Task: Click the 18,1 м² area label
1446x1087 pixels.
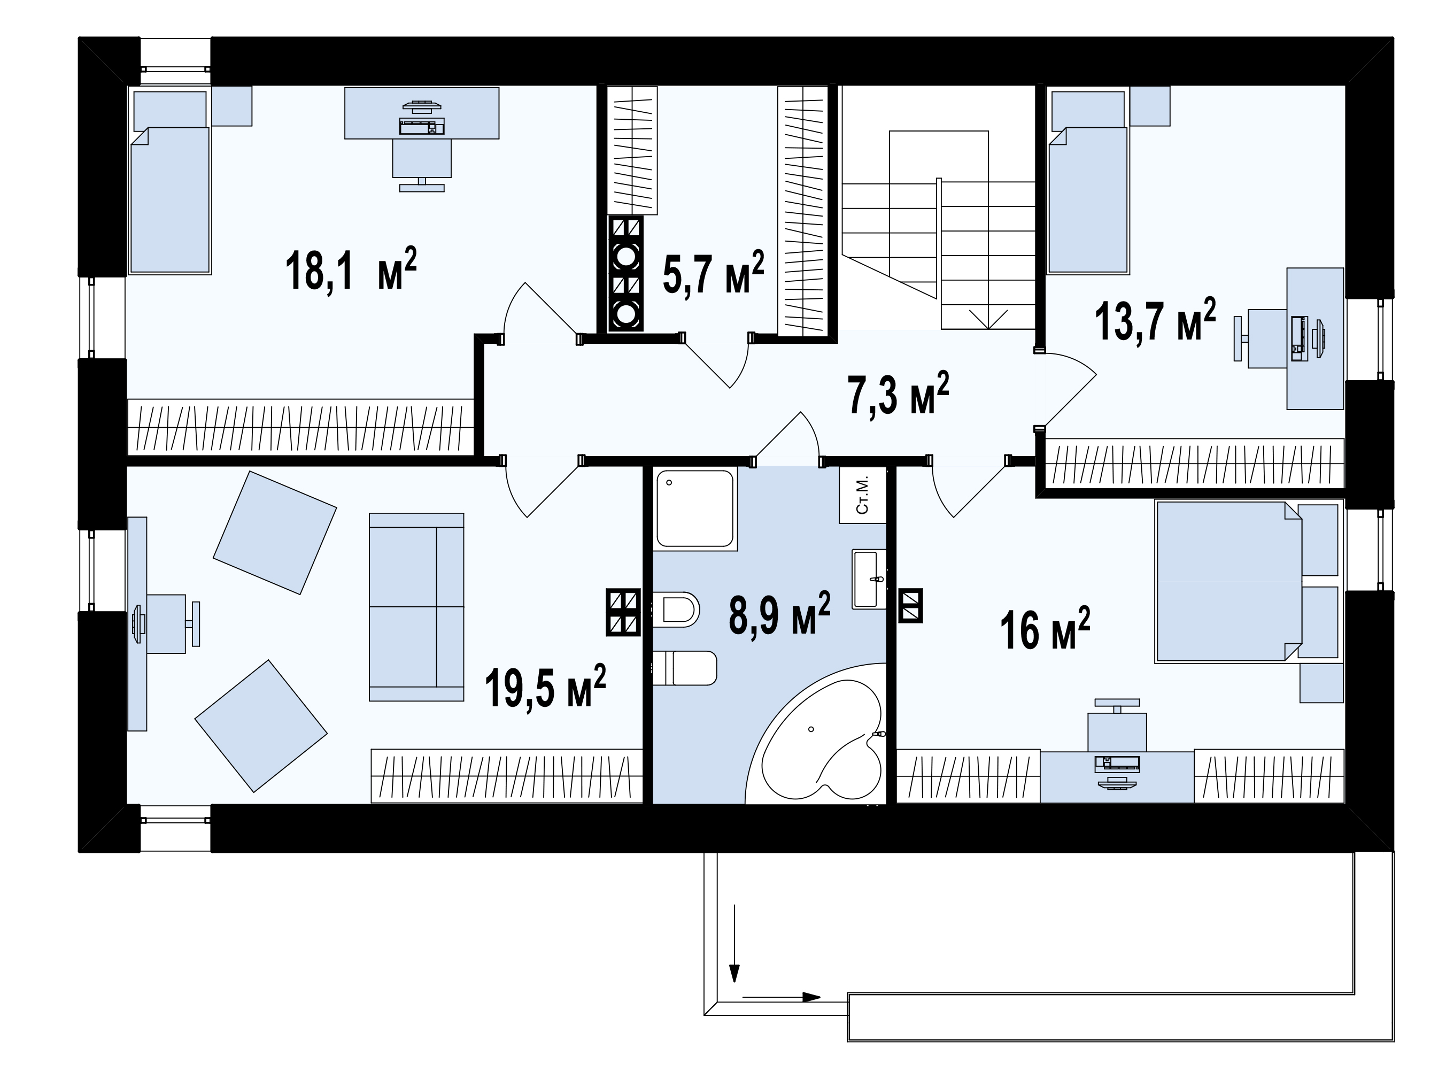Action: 351,269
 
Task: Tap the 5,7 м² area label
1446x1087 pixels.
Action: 713,272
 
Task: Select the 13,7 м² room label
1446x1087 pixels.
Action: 1155,320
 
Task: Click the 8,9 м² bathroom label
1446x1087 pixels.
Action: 779,613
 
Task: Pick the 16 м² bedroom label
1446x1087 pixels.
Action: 1045,629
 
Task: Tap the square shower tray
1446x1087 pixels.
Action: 695,508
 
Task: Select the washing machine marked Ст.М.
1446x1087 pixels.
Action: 863,495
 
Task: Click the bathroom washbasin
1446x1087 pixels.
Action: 869,579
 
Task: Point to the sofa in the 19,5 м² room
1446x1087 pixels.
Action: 416,607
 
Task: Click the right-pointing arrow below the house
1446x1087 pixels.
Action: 781,997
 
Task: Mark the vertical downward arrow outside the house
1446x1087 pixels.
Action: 735,944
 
